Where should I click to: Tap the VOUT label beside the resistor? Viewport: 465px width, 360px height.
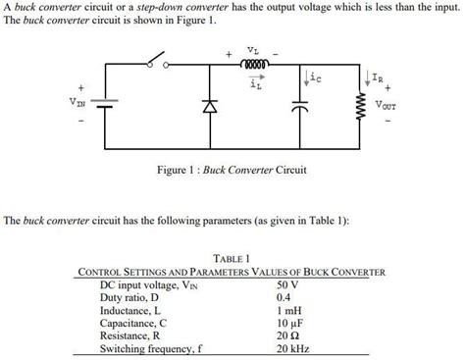(x=389, y=101)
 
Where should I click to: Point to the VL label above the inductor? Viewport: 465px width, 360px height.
(x=252, y=49)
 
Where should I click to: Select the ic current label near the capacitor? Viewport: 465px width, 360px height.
(x=312, y=74)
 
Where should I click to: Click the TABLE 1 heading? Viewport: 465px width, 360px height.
(x=232, y=258)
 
